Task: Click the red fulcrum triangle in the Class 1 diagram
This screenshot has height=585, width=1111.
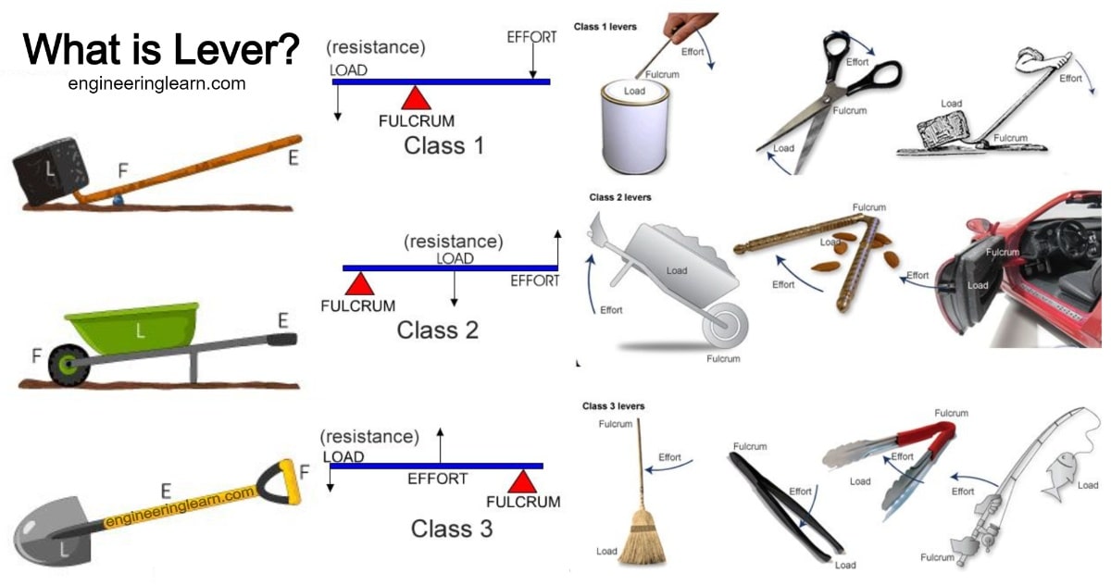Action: pos(417,99)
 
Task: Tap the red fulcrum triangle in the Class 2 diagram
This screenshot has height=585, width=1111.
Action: pos(358,283)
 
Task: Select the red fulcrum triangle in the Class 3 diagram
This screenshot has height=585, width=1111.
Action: pos(523,481)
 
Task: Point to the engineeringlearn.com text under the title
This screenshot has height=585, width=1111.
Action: pos(156,83)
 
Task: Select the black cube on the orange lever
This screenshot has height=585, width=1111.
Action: pos(51,171)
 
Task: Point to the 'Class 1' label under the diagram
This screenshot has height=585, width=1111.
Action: pos(443,145)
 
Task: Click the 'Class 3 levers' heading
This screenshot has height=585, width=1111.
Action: pos(613,406)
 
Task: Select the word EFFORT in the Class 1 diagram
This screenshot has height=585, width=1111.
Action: pos(531,38)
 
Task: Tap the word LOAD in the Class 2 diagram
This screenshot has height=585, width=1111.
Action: pos(456,258)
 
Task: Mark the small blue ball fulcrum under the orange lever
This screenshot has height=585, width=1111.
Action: pos(118,198)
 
